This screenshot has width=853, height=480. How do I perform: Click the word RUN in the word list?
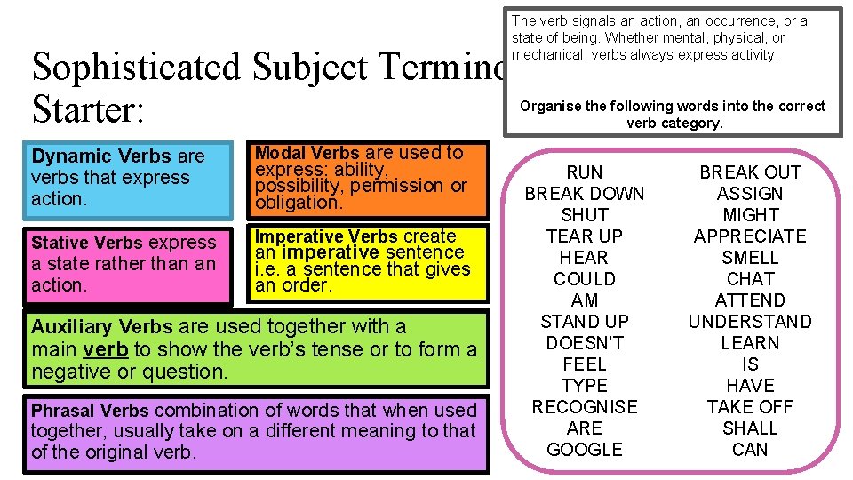[x=584, y=172]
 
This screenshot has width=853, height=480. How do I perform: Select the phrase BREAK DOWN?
[x=584, y=194]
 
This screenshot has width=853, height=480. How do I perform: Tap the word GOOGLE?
[x=584, y=450]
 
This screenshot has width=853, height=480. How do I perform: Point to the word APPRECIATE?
[x=750, y=236]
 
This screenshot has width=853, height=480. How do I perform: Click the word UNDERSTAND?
[x=750, y=322]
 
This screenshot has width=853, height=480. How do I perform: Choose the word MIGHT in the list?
[x=750, y=215]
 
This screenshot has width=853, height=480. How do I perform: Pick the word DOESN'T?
[x=584, y=343]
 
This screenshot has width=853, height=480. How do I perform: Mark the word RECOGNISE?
[x=584, y=407]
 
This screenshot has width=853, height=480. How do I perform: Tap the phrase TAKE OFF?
[x=750, y=407]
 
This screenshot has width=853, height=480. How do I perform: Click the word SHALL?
[x=750, y=428]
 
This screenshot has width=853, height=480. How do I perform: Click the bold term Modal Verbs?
[x=307, y=153]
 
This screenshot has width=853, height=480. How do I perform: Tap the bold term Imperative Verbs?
[x=326, y=236]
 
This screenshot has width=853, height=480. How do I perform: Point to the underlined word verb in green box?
[x=105, y=349]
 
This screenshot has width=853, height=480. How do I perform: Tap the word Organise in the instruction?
[x=551, y=107]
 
